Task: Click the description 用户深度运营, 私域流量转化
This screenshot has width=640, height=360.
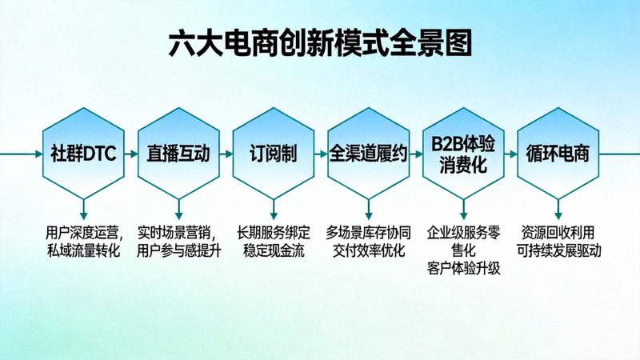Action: pyautogui.click(x=83, y=242)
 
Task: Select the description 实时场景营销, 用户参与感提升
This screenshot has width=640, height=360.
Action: pyautogui.click(x=178, y=242)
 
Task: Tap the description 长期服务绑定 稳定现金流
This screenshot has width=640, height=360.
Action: pyautogui.click(x=273, y=242)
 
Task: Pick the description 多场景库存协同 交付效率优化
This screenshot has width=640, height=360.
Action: pyautogui.click(x=368, y=242)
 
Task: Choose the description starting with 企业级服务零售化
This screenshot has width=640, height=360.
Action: pyautogui.click(x=463, y=250)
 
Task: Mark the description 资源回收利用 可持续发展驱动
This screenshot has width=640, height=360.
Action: pyautogui.click(x=558, y=242)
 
